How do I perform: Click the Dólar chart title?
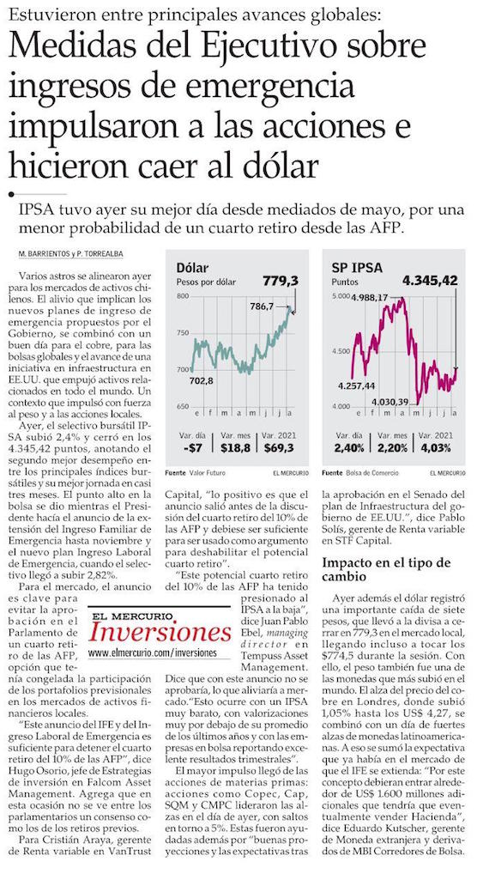pyautogui.click(x=193, y=268)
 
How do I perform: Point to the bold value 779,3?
pyautogui.click(x=281, y=281)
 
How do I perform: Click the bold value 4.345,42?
pyautogui.click(x=429, y=281)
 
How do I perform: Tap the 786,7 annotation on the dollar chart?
pyautogui.click(x=262, y=306)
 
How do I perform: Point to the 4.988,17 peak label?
pyautogui.click(x=369, y=298)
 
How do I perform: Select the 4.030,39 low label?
pyautogui.click(x=390, y=401)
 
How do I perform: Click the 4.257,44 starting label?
pyautogui.click(x=356, y=385)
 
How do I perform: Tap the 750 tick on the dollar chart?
pyautogui.click(x=183, y=333)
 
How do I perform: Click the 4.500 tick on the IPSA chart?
pyautogui.click(x=341, y=351)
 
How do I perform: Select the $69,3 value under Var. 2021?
pyautogui.click(x=279, y=447)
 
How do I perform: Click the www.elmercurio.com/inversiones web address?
pyautogui.click(x=153, y=652)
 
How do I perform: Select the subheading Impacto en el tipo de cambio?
pyautogui.click(x=386, y=571)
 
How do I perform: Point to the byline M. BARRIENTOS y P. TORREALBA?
pyautogui.click(x=71, y=254)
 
